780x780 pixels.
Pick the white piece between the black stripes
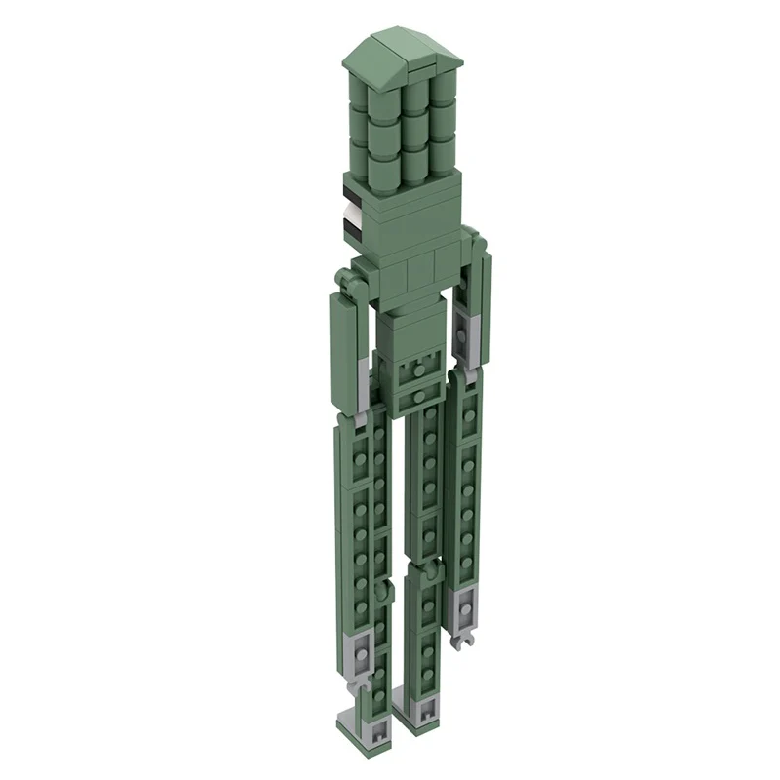click(x=348, y=210)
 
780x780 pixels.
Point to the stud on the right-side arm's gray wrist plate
click(x=465, y=606)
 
